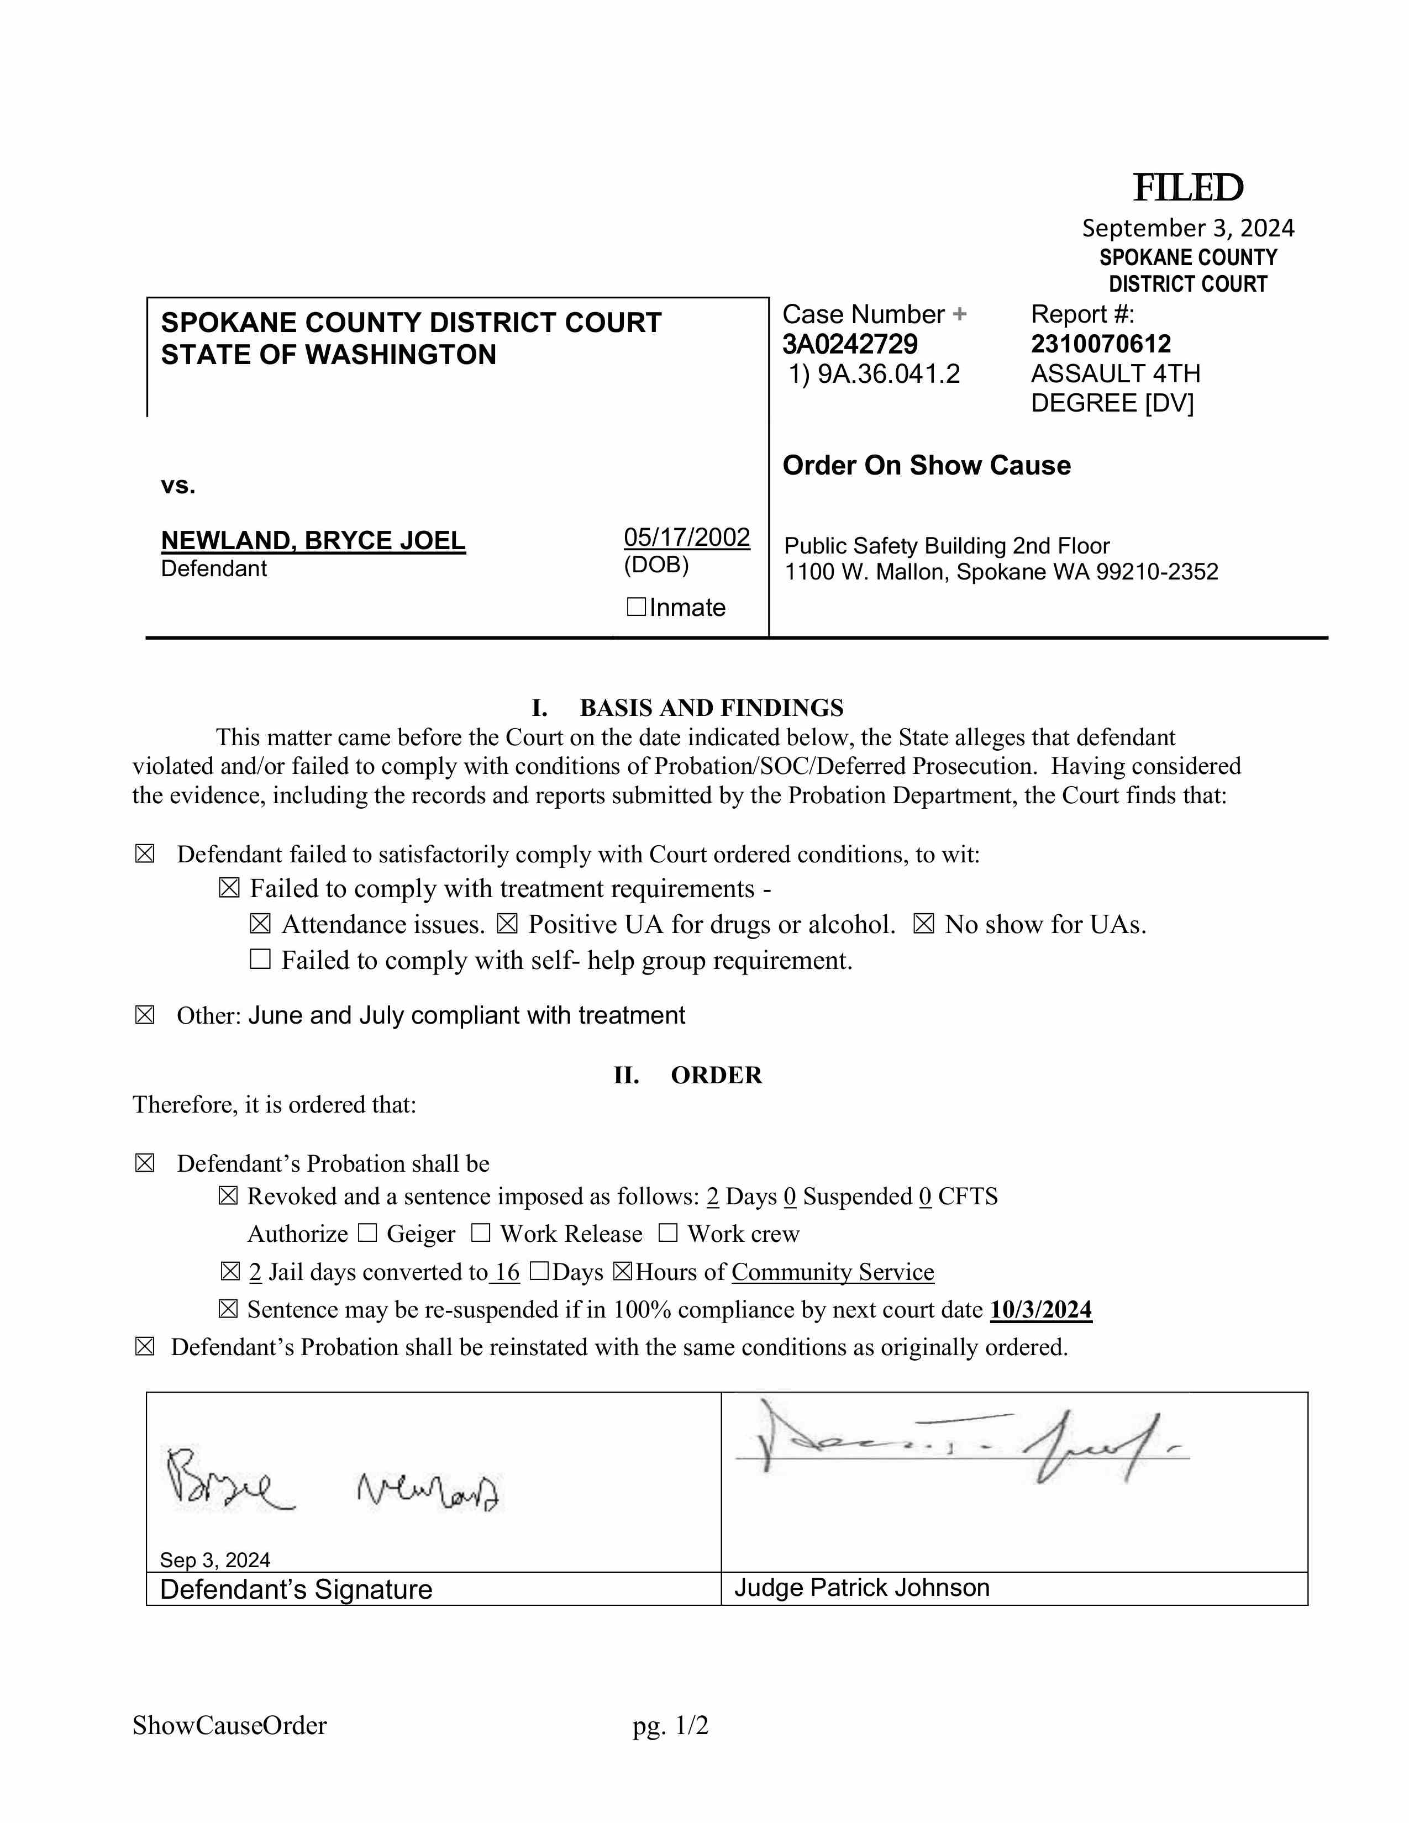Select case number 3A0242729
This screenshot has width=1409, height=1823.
[x=850, y=344]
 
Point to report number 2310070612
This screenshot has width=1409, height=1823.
[x=1100, y=344]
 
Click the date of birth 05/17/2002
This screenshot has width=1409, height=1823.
[x=686, y=537]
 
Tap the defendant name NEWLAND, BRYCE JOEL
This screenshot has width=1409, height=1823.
[x=313, y=541]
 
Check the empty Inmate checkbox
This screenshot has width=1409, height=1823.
[x=636, y=607]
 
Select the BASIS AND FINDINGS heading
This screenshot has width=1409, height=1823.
[x=711, y=708]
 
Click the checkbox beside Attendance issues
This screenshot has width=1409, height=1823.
[x=260, y=924]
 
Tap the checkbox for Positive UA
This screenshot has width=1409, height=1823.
[x=507, y=924]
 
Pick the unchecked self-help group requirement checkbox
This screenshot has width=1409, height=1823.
[x=260, y=960]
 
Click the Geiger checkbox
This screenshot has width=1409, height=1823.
[x=367, y=1233]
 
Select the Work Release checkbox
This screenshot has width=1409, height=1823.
[x=481, y=1233]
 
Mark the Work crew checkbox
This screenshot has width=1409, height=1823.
[x=668, y=1233]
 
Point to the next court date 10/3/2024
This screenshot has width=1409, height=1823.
[x=1040, y=1310]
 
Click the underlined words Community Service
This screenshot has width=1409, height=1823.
[x=832, y=1272]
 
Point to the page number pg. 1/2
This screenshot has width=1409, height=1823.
[x=670, y=1725]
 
